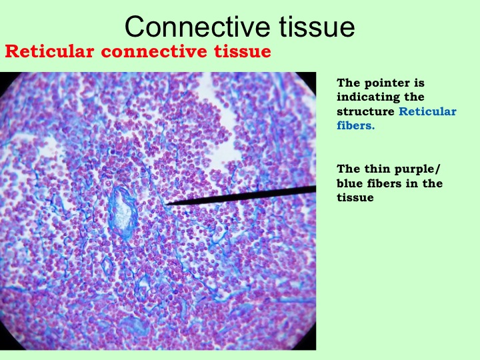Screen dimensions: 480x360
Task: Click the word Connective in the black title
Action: click(x=197, y=27)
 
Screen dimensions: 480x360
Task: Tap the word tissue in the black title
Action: click(x=317, y=27)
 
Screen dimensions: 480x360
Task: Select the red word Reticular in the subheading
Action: click(x=49, y=51)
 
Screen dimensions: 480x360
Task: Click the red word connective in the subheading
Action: click(x=155, y=51)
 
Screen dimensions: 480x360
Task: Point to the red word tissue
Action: click(x=243, y=51)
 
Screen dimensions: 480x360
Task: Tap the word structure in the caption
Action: click(x=365, y=111)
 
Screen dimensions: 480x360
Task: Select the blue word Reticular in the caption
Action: click(x=427, y=111)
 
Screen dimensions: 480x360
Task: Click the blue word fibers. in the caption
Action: click(x=356, y=125)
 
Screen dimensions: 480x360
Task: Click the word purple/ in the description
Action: click(x=417, y=169)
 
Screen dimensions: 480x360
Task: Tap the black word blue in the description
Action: click(x=349, y=183)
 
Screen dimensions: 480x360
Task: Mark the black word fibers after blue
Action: click(x=384, y=183)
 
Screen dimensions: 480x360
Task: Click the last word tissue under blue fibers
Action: click(x=355, y=197)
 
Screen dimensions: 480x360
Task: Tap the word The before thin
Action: click(x=349, y=169)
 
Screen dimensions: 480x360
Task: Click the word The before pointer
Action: click(x=349, y=83)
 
